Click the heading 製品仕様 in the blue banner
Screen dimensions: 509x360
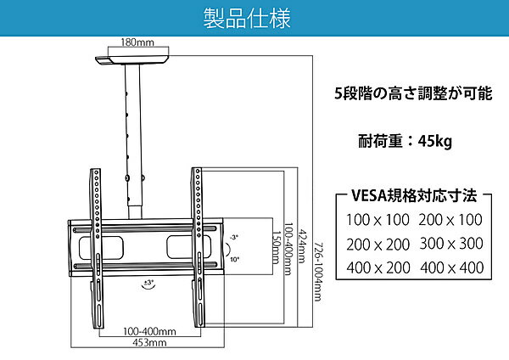tap(247, 18)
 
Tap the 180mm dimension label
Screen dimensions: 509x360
tap(137, 42)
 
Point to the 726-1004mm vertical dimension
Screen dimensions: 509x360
tap(319, 272)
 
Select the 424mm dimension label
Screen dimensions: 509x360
tap(303, 246)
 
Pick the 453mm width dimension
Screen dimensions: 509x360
tap(149, 342)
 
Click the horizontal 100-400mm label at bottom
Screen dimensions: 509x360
tap(149, 331)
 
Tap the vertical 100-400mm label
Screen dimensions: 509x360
tap(288, 249)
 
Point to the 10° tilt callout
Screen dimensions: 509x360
tap(235, 259)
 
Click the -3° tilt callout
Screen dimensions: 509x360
tap(234, 237)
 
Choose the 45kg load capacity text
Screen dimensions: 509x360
tap(434, 141)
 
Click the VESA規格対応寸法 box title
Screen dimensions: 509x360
tap(414, 195)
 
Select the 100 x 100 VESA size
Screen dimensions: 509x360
tap(378, 220)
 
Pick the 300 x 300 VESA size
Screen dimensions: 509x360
tap(451, 244)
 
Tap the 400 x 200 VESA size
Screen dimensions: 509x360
tap(378, 267)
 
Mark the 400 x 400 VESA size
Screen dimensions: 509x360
tap(452, 267)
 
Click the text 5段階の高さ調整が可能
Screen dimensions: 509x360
tap(413, 93)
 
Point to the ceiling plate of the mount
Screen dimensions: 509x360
tap(132, 60)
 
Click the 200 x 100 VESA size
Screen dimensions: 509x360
tap(450, 220)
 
